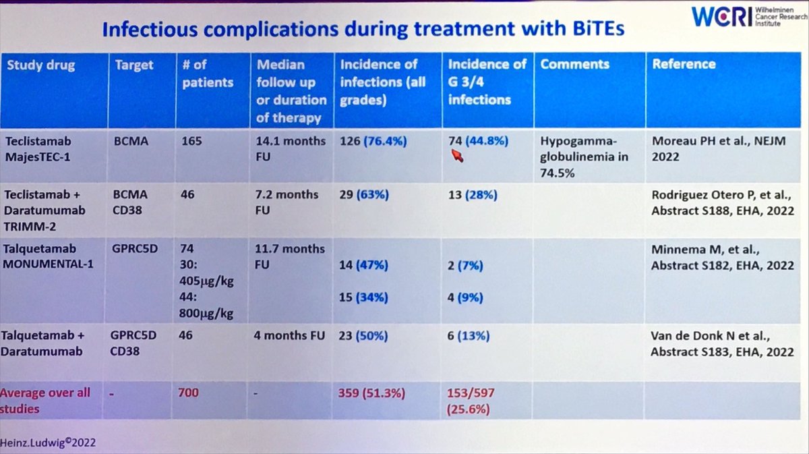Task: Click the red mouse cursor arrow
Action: click(458, 157)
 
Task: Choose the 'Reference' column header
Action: click(683, 64)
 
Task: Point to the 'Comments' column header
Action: click(574, 64)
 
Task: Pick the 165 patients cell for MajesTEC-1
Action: click(192, 142)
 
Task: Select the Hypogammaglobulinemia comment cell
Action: click(584, 157)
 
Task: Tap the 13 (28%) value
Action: click(473, 195)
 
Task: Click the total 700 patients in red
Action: click(189, 392)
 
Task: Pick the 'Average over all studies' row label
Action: click(47, 400)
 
